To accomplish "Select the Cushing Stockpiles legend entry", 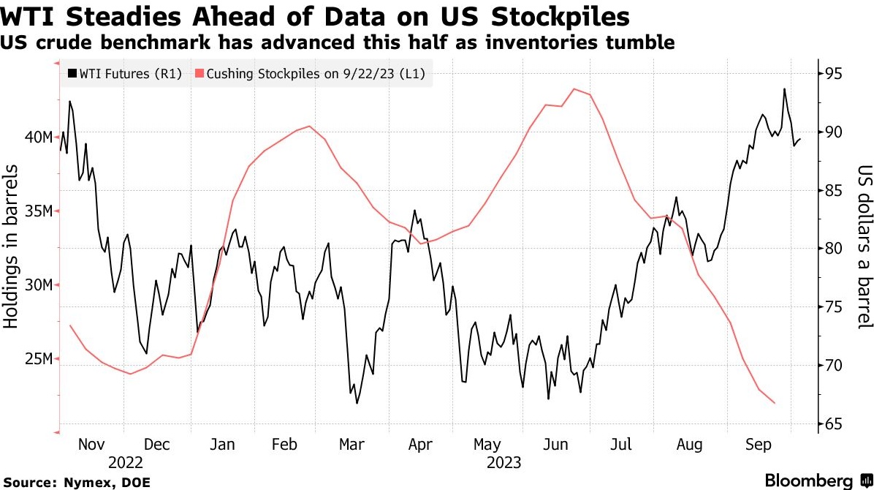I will (x=310, y=73).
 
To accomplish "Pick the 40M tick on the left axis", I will (x=37, y=137).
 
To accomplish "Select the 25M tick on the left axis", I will (x=37, y=359).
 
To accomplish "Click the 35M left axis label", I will (x=37, y=211).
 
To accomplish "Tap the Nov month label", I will (x=91, y=445).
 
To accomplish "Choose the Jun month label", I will (x=555, y=445).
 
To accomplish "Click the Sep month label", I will (x=757, y=445).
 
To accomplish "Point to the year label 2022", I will (x=126, y=462).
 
